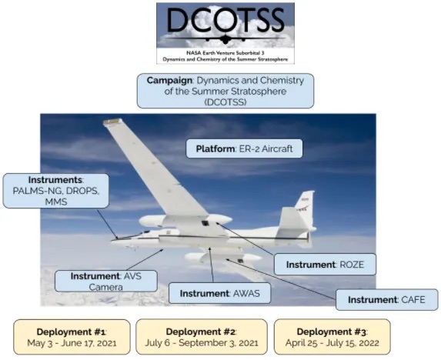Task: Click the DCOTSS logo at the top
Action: point(226,33)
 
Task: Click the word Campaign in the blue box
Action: point(169,80)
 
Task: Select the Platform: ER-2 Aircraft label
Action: point(244,148)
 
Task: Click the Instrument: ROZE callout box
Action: point(325,264)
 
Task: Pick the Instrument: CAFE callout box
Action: point(386,299)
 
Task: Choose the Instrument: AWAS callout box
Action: point(219,293)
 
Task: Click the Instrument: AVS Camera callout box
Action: point(106,281)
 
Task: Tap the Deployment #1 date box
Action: point(72,337)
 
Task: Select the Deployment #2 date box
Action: point(202,337)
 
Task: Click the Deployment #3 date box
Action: point(332,337)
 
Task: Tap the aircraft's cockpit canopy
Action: point(144,233)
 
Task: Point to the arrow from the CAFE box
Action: point(281,278)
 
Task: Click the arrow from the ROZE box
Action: point(245,239)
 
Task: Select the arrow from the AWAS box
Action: point(211,265)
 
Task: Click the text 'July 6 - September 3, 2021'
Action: point(202,343)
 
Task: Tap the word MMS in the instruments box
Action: point(56,202)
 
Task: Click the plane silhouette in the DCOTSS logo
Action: point(225,38)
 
